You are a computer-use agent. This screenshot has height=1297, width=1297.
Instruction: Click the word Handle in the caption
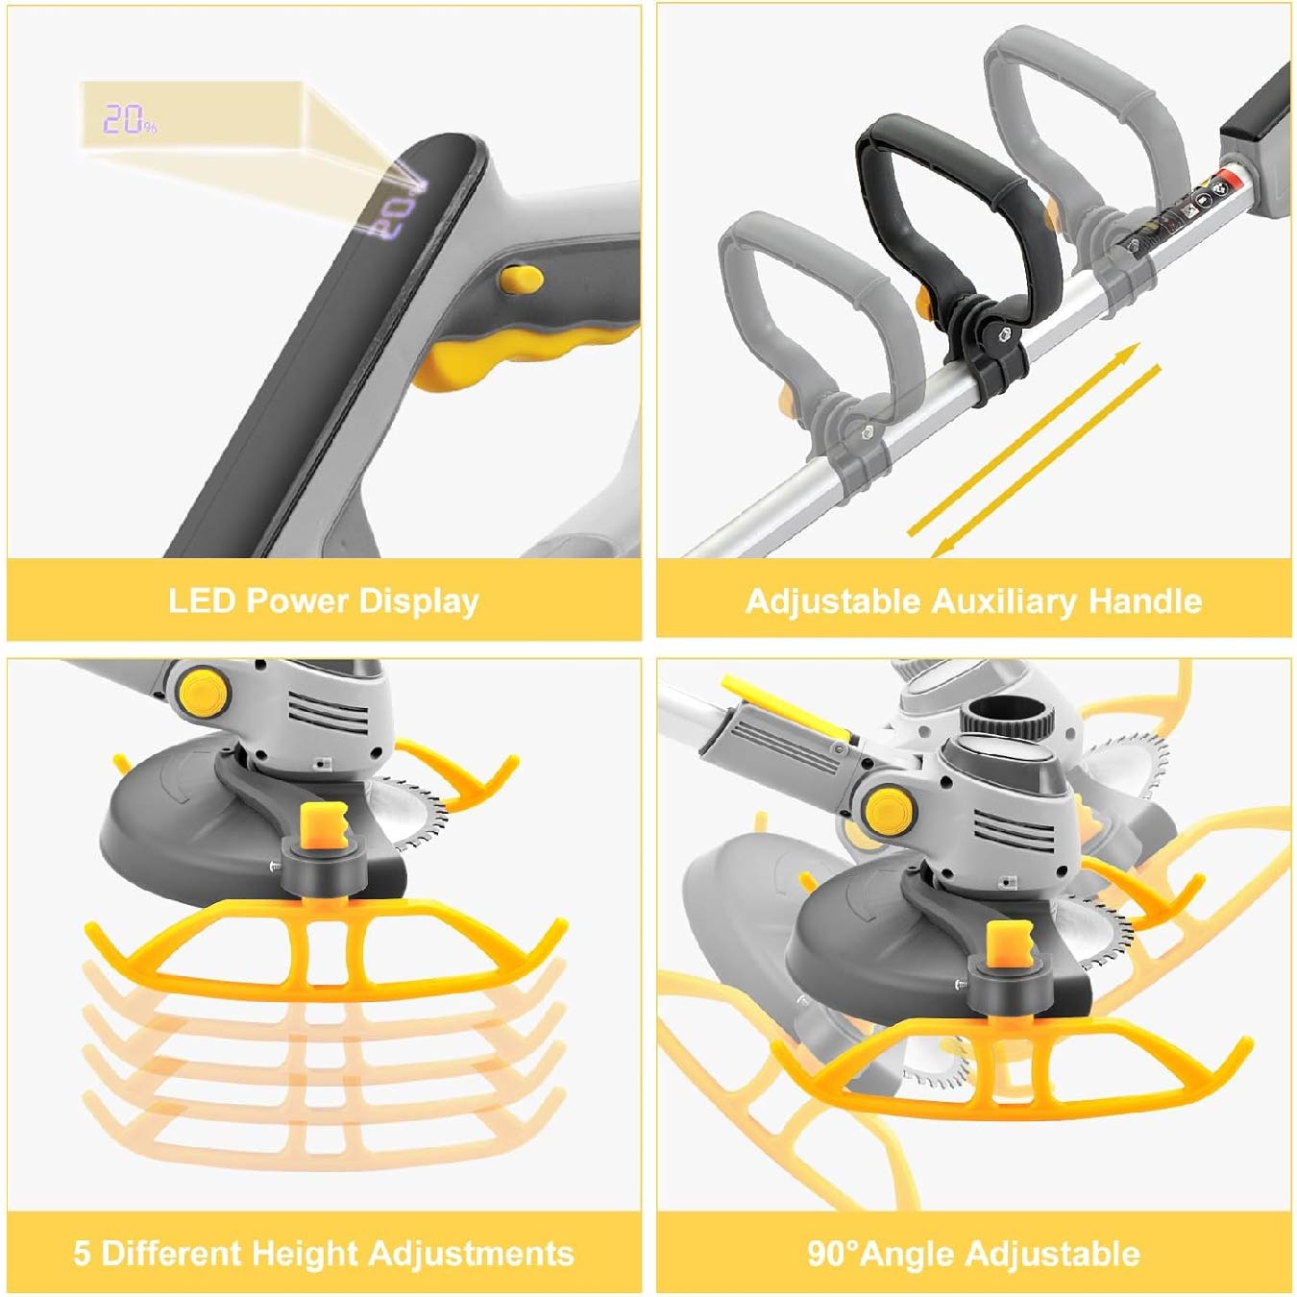pyautogui.click(x=1145, y=601)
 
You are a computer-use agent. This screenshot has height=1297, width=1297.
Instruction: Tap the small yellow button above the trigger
pyautogui.click(x=521, y=279)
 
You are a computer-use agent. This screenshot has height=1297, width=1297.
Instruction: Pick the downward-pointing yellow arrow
pyautogui.click(x=1045, y=462)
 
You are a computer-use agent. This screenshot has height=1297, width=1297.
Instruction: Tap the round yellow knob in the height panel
pyautogui.click(x=204, y=691)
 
